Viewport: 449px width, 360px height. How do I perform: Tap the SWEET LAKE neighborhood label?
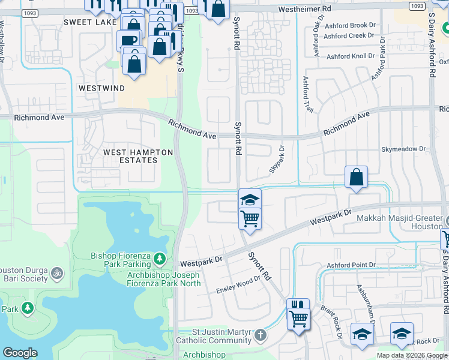(x=88, y=22)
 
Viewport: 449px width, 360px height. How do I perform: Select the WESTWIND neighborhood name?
(x=102, y=88)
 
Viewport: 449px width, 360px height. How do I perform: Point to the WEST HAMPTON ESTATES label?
(x=130, y=157)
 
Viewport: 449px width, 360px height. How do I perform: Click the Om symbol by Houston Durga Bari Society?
(x=57, y=273)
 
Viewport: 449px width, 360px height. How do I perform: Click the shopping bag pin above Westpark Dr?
(x=356, y=177)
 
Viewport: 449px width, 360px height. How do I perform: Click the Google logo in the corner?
(x=20, y=353)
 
